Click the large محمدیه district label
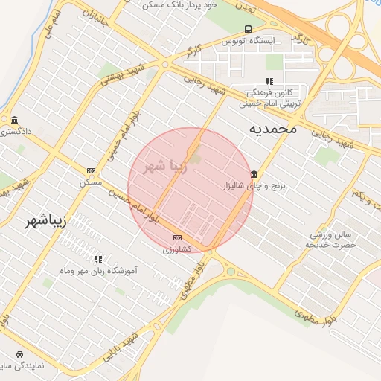[x=272, y=129]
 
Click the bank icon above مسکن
[x=91, y=170]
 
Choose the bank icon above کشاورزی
[x=176, y=237]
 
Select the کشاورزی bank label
[x=178, y=249]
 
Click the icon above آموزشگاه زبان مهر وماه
[x=98, y=259]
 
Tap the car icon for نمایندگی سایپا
[x=18, y=354]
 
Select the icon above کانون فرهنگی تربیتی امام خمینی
[x=269, y=81]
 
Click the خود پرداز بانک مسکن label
[x=182, y=4]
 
